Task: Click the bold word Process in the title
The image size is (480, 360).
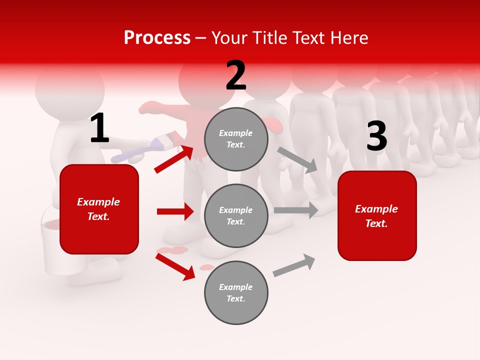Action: click(157, 38)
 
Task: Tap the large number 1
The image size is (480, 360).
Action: click(99, 128)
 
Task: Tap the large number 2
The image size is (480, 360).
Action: click(236, 75)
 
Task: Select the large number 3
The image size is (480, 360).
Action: click(376, 136)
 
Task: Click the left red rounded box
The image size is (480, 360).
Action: click(99, 209)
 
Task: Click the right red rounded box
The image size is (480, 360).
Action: click(377, 216)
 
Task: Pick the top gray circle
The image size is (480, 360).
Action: click(236, 139)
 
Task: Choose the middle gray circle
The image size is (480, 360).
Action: click(236, 216)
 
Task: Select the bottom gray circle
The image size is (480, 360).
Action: click(236, 293)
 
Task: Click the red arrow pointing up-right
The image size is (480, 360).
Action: click(174, 159)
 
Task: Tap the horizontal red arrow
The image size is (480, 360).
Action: click(175, 211)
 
